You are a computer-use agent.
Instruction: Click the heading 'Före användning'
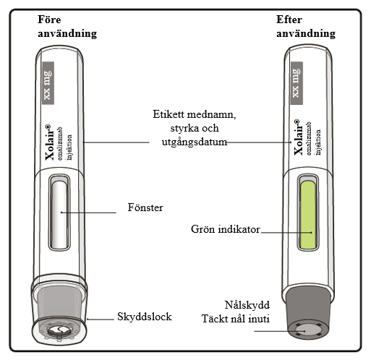pos(67,27)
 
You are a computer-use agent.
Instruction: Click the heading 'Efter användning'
pos(306,27)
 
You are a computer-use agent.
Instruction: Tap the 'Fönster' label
pos(145,207)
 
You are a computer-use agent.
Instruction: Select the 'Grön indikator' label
pos(226,229)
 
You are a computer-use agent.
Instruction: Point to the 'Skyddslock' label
pos(145,317)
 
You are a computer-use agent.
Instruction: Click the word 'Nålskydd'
pos(247,305)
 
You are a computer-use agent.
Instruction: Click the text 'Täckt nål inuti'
pos(236,319)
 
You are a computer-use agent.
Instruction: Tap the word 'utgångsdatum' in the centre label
pos(195,142)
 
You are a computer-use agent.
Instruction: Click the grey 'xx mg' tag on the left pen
pos(48,83)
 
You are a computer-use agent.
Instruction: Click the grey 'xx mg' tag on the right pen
pos(296,83)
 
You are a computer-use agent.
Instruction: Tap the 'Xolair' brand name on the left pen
pos(49,142)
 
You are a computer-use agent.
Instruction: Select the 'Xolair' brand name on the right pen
pos(298,137)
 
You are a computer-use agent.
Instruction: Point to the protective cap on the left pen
pos(59,309)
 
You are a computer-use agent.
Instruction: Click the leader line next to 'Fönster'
pos(88,213)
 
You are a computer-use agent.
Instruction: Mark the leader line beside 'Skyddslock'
pos(101,320)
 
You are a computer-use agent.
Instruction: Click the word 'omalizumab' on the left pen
pos(60,143)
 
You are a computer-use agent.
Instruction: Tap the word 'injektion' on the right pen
pos(318,142)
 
